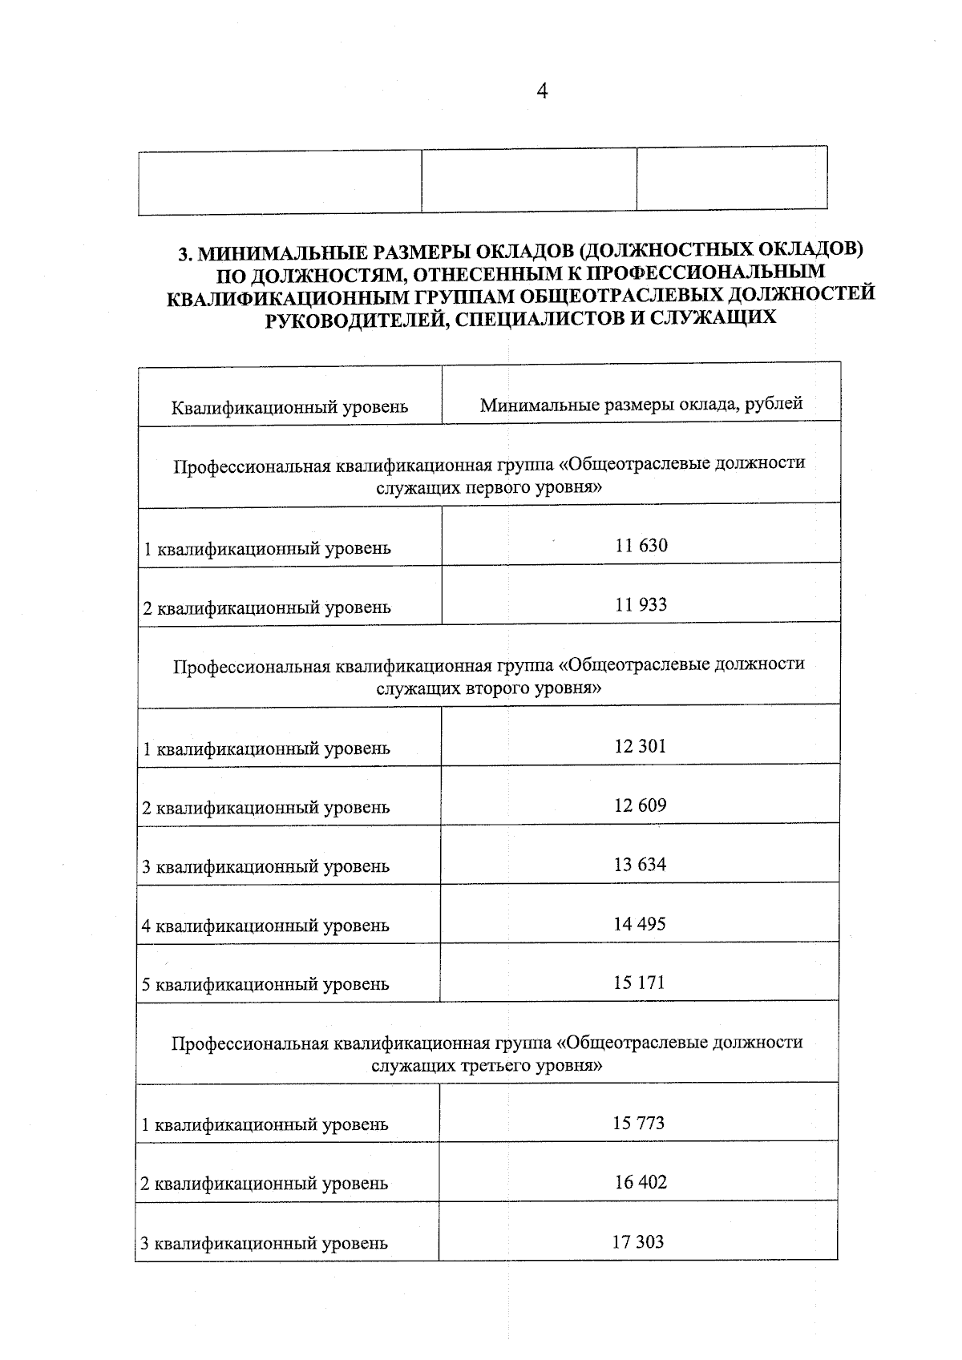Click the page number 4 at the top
(x=542, y=92)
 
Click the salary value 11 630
(x=641, y=546)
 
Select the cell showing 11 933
(x=641, y=605)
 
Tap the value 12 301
(x=640, y=746)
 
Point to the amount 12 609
(x=640, y=805)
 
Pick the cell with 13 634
(x=640, y=865)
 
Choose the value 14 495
(x=640, y=924)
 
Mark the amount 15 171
(x=639, y=983)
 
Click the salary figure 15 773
(x=639, y=1123)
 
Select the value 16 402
(x=641, y=1182)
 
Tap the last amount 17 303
(x=638, y=1242)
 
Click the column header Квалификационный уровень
(x=289, y=407)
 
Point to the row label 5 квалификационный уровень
(x=265, y=984)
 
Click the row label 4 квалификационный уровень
(x=265, y=926)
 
